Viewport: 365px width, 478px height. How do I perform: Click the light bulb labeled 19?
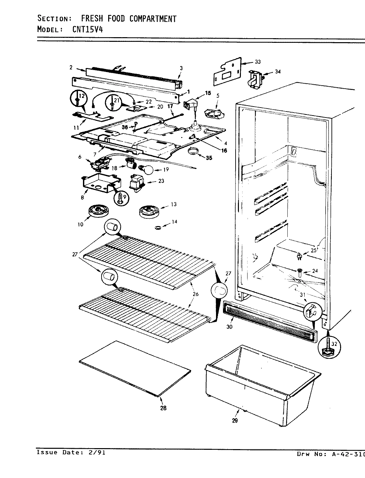click(147, 170)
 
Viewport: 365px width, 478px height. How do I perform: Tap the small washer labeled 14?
click(158, 227)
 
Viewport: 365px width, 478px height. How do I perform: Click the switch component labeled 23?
click(137, 183)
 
